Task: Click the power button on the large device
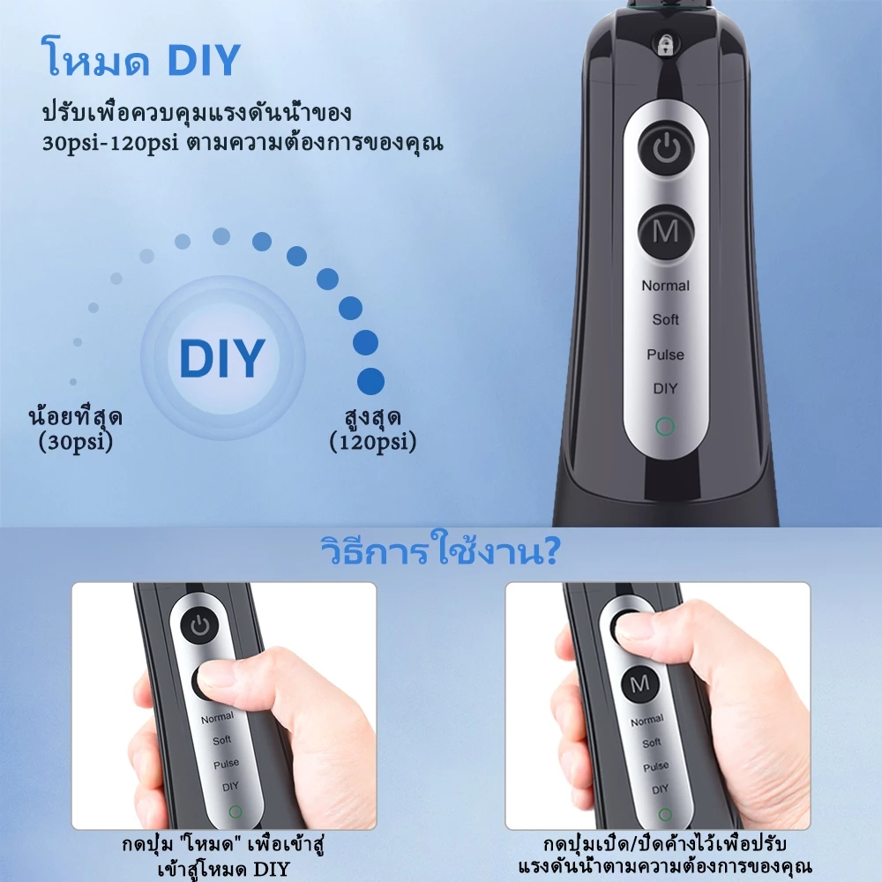[666, 147]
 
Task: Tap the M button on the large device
[666, 232]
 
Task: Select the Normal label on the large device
[665, 286]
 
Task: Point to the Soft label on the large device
[665, 319]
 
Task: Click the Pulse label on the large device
[665, 355]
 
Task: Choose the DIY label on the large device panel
[665, 388]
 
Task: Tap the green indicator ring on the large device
[665, 426]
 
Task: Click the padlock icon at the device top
[665, 46]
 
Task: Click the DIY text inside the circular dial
[222, 358]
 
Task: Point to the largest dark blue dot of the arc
[370, 381]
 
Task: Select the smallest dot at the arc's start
[73, 381]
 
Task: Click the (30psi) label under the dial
[76, 442]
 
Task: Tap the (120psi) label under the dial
[373, 442]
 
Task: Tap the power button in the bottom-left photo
[200, 625]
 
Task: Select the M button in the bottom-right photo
[640, 684]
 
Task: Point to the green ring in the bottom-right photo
[665, 814]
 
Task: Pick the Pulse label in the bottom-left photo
[226, 764]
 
